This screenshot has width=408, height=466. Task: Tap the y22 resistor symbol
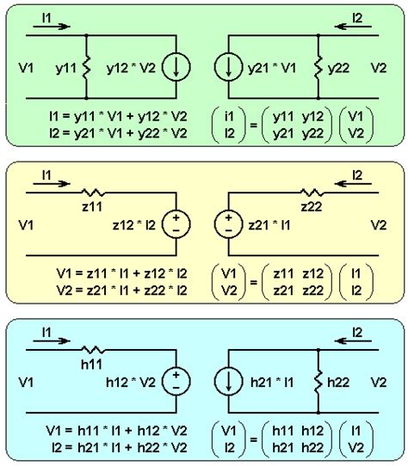tap(318, 66)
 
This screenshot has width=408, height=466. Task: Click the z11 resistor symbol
tap(92, 194)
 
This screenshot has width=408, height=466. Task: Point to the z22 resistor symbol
tap(311, 194)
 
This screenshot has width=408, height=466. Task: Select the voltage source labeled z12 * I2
tap(176, 224)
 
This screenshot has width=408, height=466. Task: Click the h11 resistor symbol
tap(92, 352)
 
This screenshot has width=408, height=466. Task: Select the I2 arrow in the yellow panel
tap(355, 185)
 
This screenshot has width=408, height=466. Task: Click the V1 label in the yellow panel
tap(26, 224)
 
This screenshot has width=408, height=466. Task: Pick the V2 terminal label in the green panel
tap(379, 66)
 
